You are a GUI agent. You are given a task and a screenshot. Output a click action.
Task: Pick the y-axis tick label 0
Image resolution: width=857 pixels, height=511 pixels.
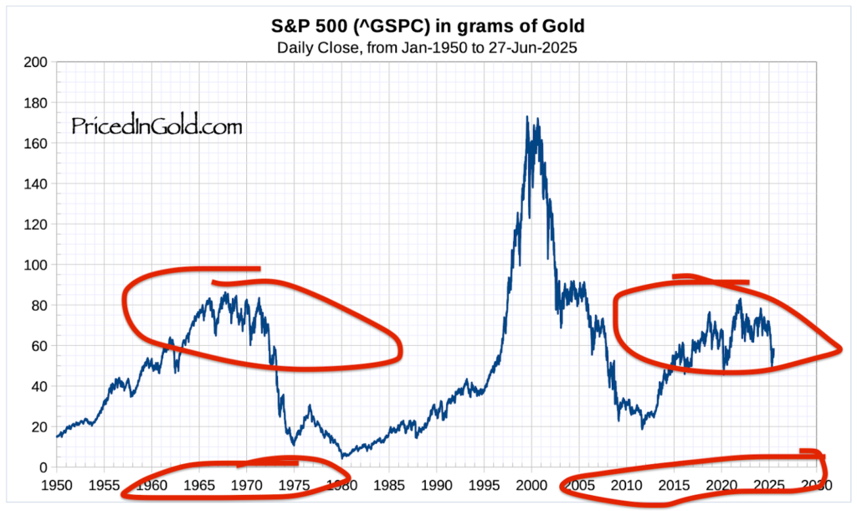[x=41, y=467]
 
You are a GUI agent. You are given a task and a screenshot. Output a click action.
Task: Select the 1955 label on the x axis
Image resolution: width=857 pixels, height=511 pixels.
[x=104, y=485]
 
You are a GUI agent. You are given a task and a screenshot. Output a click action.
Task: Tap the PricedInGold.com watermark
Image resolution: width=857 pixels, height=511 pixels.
[x=157, y=126]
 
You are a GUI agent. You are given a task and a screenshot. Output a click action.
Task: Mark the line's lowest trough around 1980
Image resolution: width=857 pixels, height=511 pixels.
[x=342, y=457]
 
